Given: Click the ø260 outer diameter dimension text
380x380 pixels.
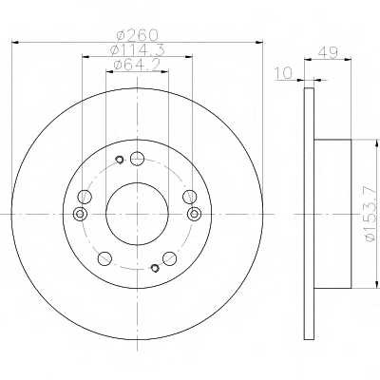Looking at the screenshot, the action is (137, 35).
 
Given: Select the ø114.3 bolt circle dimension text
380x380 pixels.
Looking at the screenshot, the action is (137, 50).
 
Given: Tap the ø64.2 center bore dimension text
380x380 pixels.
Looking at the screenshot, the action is (137, 65).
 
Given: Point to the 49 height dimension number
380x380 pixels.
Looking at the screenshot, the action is (328, 52).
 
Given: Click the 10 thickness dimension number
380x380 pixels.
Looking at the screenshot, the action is (284, 73).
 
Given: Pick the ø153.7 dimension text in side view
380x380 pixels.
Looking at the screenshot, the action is (372, 214).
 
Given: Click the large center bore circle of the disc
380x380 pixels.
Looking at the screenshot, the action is (105, 214).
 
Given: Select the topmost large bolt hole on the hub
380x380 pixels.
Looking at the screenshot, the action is (137, 159).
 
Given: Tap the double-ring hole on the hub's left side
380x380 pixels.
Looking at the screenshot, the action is (80, 214).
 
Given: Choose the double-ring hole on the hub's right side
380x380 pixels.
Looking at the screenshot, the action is (194, 214).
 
